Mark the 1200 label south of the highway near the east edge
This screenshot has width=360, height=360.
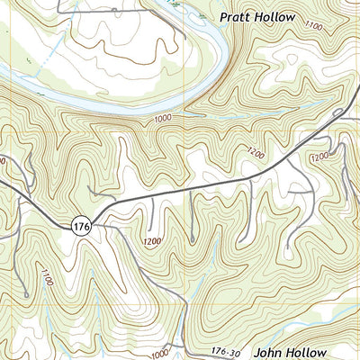(319, 157)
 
